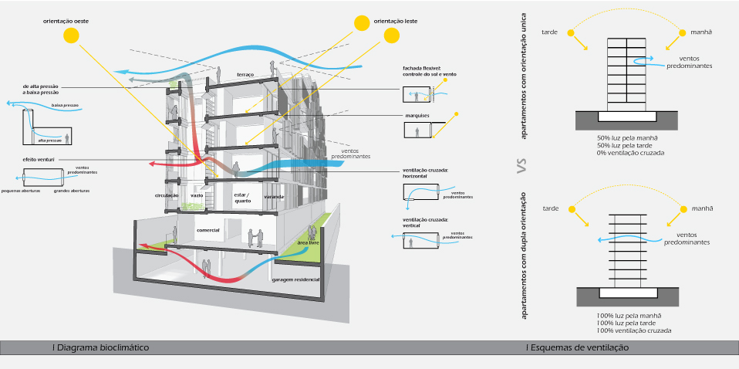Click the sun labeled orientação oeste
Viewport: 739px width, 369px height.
point(71,35)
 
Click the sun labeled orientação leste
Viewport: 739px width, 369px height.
point(361,23)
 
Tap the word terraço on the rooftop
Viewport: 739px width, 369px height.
point(245,75)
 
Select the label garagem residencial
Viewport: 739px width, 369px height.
point(295,279)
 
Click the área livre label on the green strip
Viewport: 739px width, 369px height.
point(309,243)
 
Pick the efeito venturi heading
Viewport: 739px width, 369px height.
point(36,158)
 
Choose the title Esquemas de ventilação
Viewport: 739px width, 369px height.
point(577,348)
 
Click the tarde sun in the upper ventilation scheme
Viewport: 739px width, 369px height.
point(571,32)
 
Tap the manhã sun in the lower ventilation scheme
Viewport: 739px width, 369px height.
point(682,208)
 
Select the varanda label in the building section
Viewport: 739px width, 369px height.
point(274,197)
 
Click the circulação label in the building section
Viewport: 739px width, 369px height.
point(167,196)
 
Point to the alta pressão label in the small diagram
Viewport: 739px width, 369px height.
point(49,141)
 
